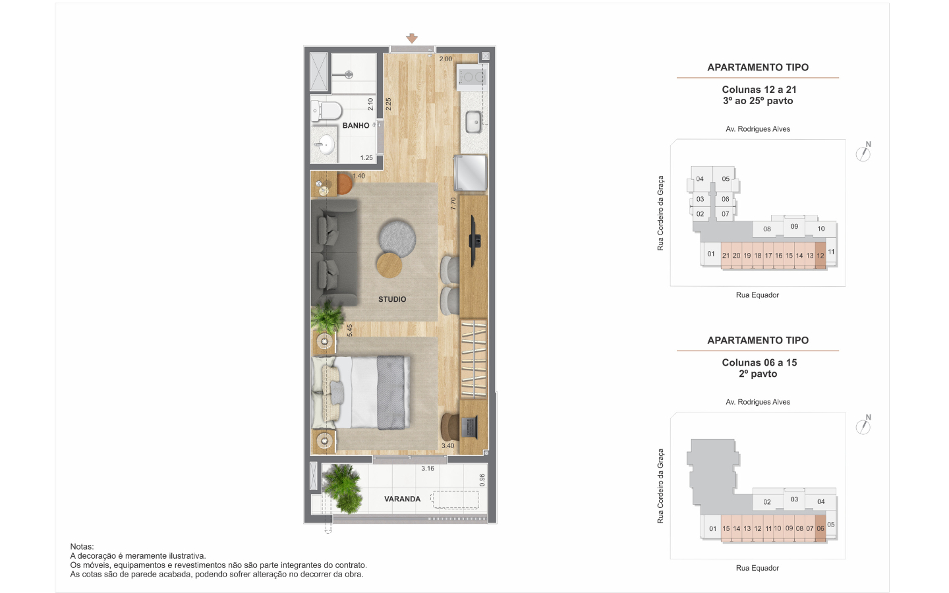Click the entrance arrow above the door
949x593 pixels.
point(412,38)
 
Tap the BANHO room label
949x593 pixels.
point(356,125)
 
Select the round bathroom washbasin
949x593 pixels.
point(326,145)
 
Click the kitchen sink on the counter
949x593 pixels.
point(474,121)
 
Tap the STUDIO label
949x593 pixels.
point(392,299)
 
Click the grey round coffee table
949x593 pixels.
point(397,238)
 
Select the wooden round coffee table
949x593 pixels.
point(389,265)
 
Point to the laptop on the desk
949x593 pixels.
point(469,427)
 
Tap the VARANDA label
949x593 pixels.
point(403,499)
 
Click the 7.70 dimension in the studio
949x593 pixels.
point(453,204)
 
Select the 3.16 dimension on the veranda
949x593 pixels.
point(428,468)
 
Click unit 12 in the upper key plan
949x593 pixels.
point(820,256)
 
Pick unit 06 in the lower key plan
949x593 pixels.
point(820,528)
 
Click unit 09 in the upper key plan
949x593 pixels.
point(794,227)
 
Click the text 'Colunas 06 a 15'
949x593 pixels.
point(759,362)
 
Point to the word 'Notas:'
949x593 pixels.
point(82,546)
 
